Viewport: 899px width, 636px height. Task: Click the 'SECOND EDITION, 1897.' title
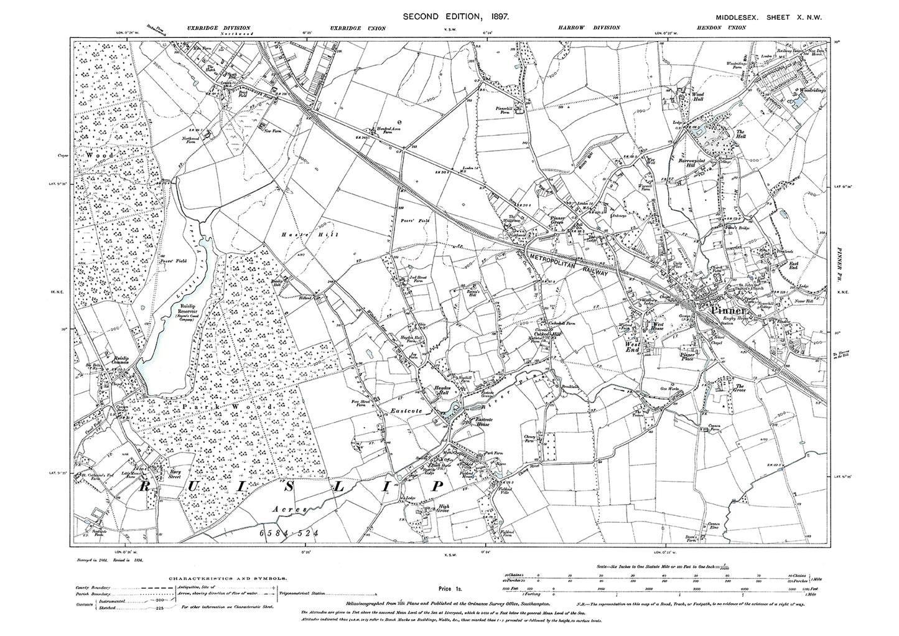(457, 17)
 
